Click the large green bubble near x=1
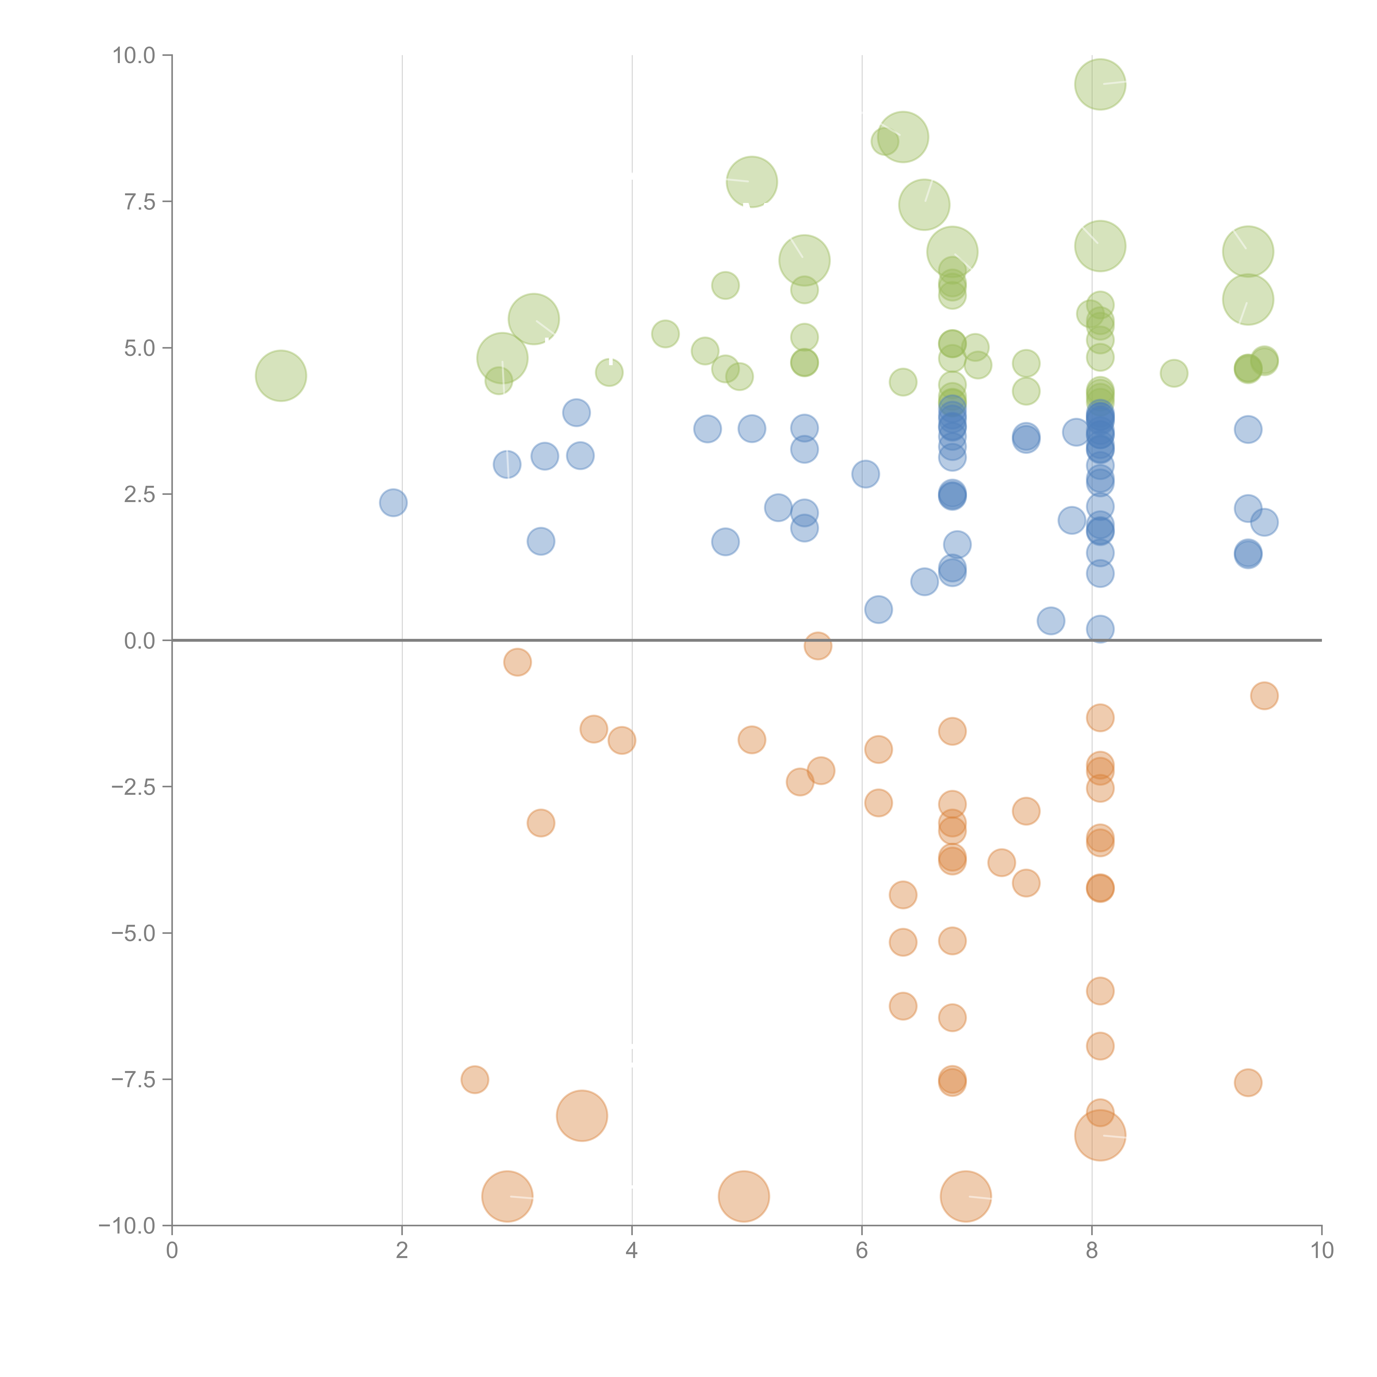point(281,376)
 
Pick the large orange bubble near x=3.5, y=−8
point(582,1115)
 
